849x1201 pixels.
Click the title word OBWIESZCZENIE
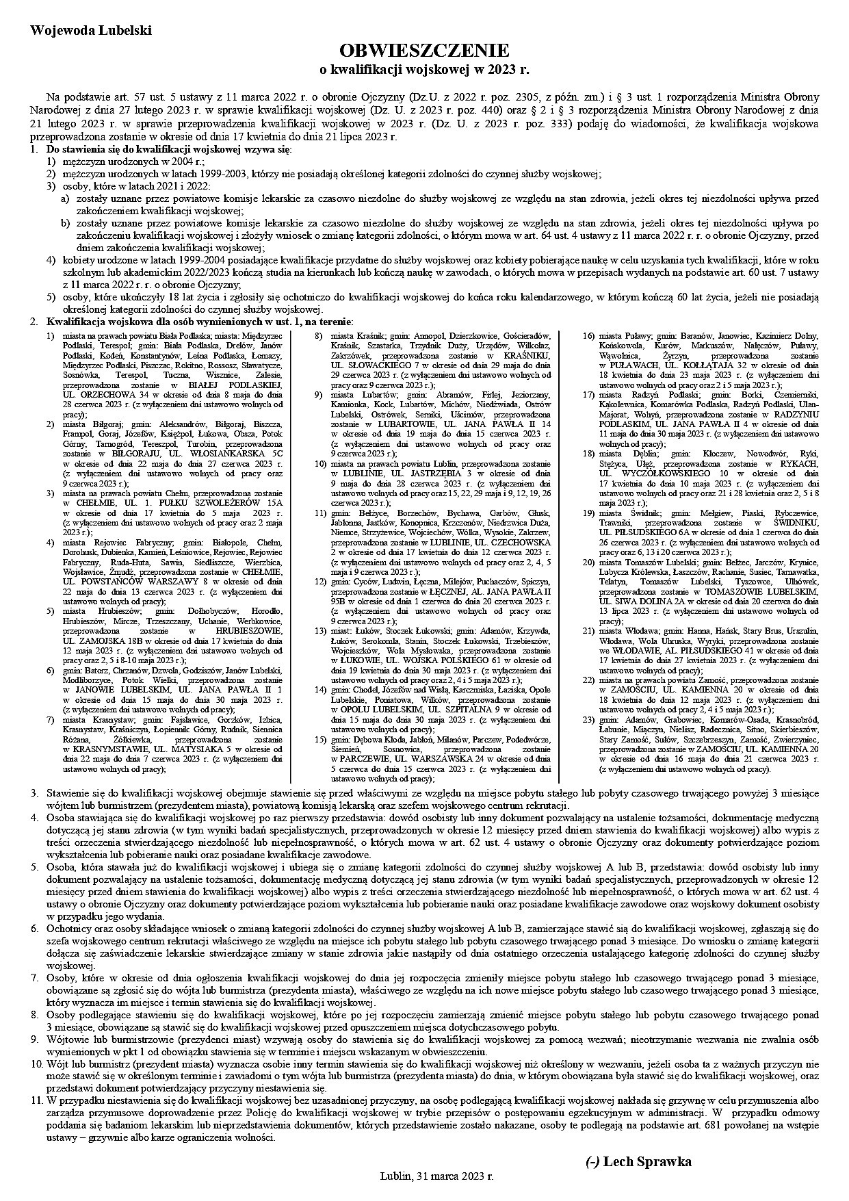click(425, 51)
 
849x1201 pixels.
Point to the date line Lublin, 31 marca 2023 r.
click(436, 1176)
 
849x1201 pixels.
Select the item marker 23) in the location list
click(588, 720)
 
